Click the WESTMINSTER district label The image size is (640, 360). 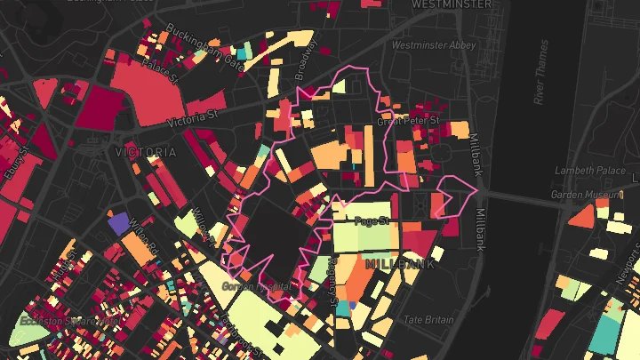pos(451,4)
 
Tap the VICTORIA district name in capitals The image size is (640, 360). pos(146,153)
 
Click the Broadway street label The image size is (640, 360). pos(304,66)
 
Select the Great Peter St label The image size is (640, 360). pos(409,121)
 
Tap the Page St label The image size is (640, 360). pos(372,220)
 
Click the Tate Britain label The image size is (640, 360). pos(428,320)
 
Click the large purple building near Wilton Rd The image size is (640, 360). pos(117,222)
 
